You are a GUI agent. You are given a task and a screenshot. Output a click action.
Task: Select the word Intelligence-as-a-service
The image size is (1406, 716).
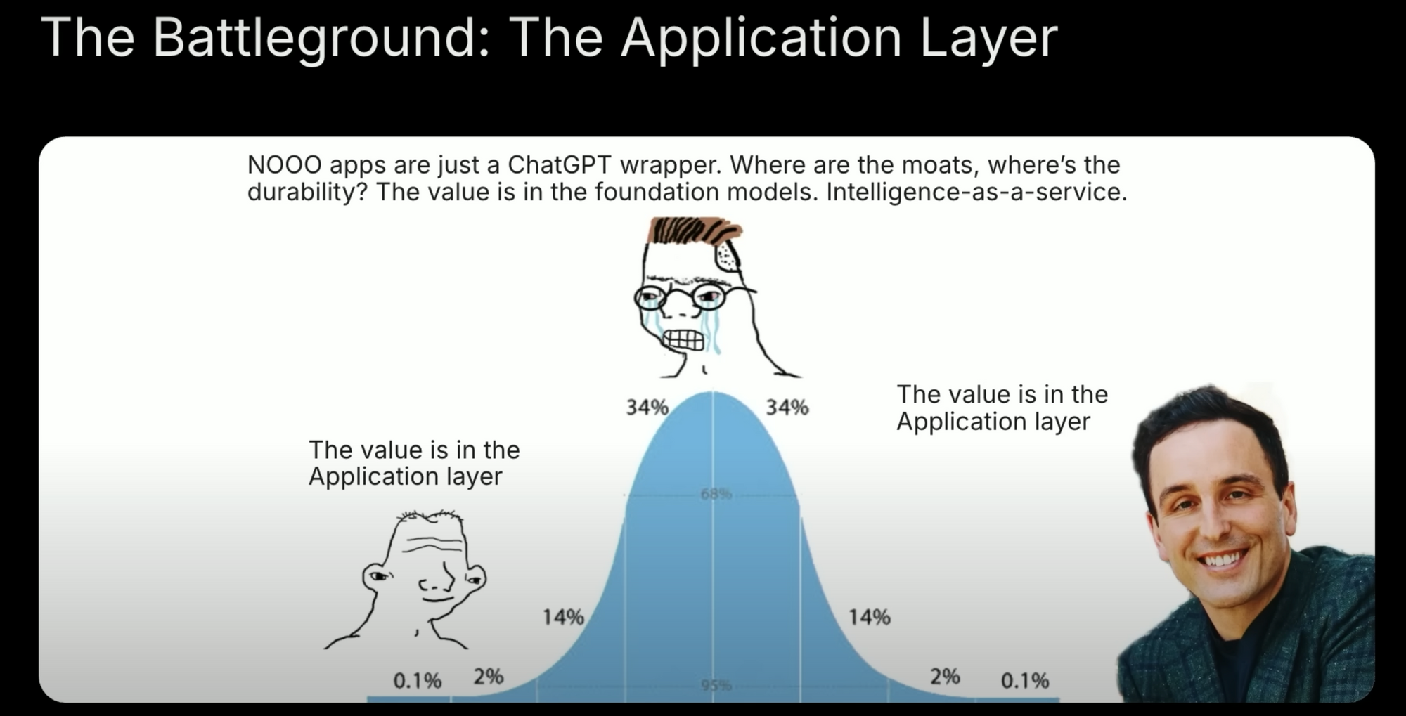[976, 192]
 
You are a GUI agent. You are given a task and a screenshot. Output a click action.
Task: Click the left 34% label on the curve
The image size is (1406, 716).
[647, 407]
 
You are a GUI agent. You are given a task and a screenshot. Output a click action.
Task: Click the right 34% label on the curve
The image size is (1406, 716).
[787, 407]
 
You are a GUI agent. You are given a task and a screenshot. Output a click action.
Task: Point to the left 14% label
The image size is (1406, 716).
[562, 617]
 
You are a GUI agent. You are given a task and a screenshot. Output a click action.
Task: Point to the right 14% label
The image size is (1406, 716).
[869, 617]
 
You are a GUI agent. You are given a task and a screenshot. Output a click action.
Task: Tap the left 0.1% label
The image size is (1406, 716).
[417, 680]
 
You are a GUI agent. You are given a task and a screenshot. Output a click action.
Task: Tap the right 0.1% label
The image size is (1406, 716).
[1024, 680]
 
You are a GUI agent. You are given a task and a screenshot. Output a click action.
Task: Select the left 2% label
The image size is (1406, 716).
[488, 677]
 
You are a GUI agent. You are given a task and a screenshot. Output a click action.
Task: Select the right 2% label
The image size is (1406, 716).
[944, 677]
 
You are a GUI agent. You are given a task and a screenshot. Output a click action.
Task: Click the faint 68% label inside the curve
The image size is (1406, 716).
[716, 495]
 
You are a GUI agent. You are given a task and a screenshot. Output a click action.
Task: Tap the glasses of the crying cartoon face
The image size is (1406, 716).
[681, 298]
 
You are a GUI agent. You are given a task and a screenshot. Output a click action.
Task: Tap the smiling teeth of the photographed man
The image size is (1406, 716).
[1224, 559]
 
